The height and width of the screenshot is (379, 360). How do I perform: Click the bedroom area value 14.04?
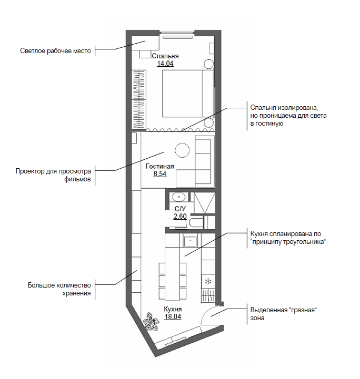coord(165,64)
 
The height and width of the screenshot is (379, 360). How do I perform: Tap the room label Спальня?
coord(165,56)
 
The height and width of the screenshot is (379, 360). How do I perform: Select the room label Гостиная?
coord(160,166)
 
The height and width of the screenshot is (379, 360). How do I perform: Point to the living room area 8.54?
coord(160,174)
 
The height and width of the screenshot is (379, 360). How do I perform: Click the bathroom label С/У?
coord(180,209)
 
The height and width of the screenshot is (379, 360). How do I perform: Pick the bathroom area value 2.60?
coord(180,216)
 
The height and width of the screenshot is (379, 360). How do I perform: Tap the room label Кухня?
coord(173,309)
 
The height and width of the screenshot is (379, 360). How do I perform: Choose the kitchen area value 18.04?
coord(173,316)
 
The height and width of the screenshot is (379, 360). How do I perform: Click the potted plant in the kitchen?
coord(151,322)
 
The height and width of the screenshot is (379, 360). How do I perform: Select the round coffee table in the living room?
coord(182,150)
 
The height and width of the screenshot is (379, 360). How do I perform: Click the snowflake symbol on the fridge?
coord(208,282)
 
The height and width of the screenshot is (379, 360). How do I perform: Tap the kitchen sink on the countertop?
coord(191,241)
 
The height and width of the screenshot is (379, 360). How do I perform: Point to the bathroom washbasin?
coord(179,197)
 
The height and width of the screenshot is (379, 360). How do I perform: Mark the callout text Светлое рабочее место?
coord(55,51)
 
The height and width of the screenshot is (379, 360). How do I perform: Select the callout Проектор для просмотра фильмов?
coord(53,175)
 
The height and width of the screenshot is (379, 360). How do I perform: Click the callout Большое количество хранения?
coord(59,289)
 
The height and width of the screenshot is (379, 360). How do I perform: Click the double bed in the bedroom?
coord(188,94)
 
